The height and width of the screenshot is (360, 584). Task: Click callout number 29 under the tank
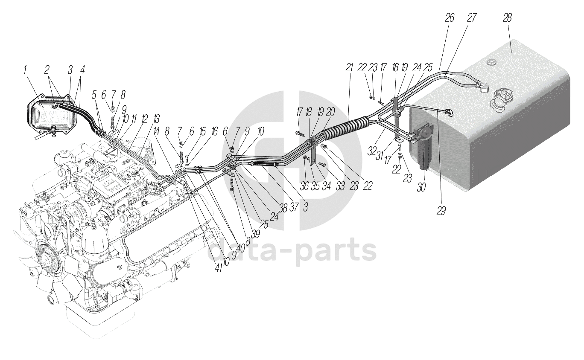tap(441, 211)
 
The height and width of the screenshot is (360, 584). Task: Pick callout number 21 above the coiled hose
tap(350, 67)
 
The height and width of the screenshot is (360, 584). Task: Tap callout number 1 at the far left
tap(26, 70)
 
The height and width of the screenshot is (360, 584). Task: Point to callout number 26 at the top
tap(450, 18)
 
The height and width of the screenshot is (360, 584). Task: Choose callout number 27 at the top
tap(471, 18)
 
